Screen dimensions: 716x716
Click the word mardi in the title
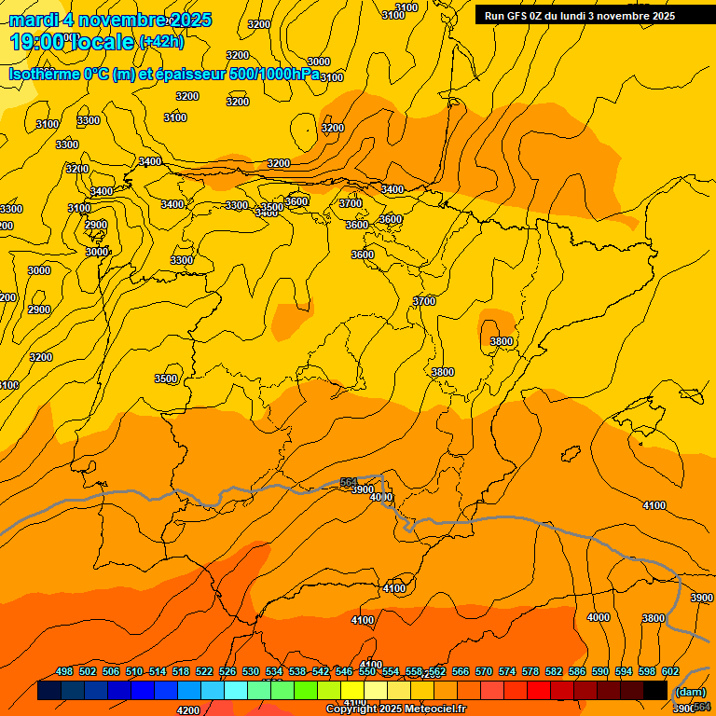pos(34,20)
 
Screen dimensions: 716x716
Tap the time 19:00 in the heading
pos(37,42)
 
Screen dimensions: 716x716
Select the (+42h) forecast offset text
pos(161,42)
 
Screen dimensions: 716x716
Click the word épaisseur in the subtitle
pos(186,74)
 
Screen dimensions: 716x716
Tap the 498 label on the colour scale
pos(64,671)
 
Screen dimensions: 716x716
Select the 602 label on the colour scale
pos(669,671)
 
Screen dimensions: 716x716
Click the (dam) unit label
pos(689,692)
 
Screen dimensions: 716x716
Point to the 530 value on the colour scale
pos(251,671)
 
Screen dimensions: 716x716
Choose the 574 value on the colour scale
pos(507,671)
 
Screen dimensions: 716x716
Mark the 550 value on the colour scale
pos(367,671)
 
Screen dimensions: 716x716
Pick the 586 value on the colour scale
pos(577,671)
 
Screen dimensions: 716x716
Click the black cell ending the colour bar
pos(655,691)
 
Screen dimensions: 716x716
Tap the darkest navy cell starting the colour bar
pos(49,691)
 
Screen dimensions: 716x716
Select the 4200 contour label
pos(188,710)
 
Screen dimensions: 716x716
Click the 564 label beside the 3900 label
pos(348,482)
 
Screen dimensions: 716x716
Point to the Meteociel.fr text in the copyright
pos(436,709)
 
